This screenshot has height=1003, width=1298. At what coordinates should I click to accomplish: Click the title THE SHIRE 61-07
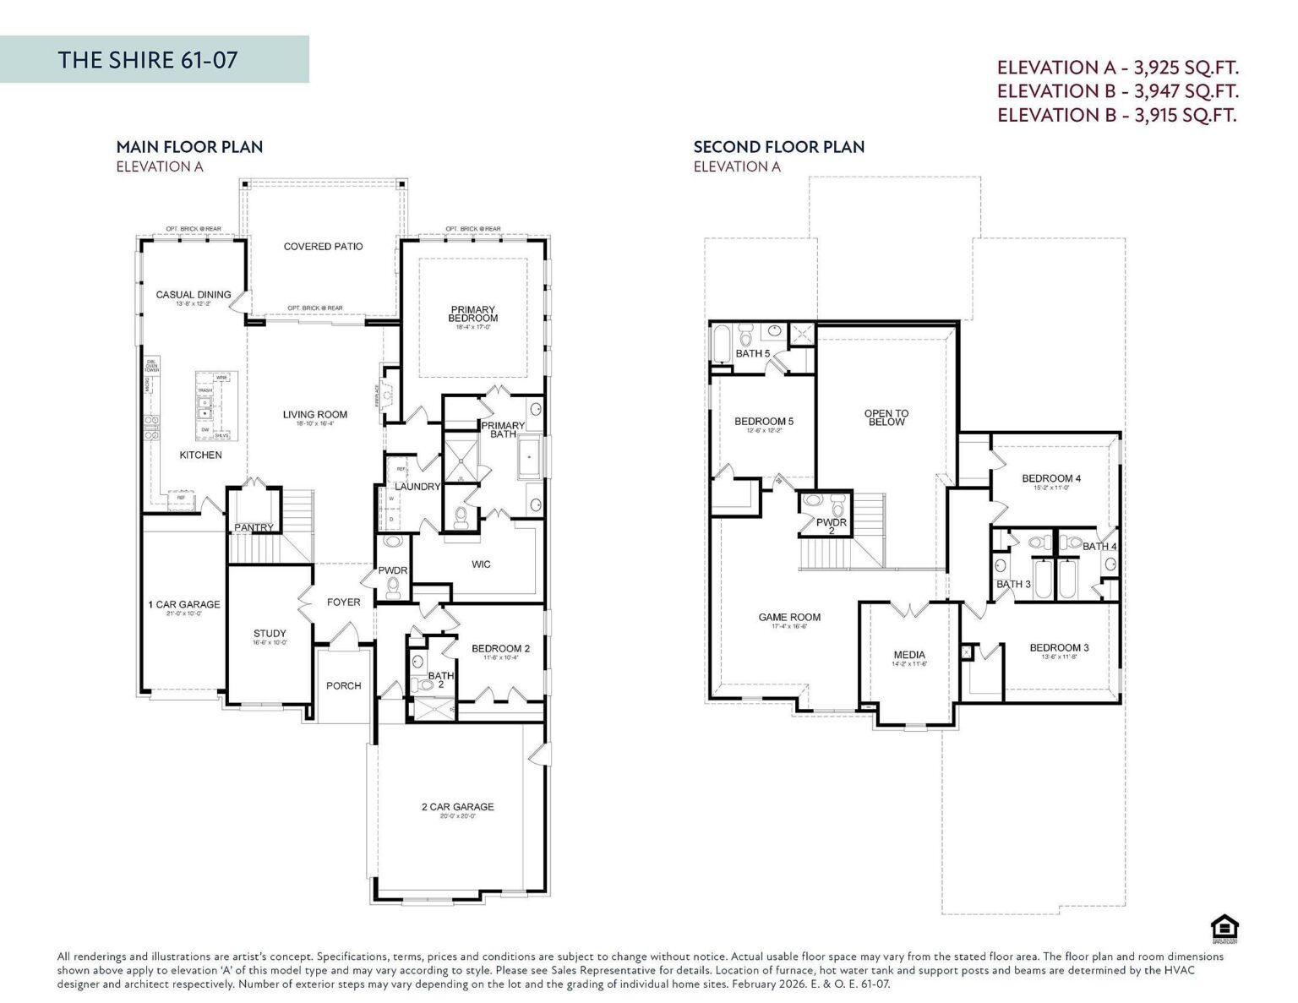(148, 60)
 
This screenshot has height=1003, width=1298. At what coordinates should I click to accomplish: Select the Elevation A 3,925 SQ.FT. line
(1117, 68)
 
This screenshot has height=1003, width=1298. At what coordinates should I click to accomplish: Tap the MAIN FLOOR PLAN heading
(189, 147)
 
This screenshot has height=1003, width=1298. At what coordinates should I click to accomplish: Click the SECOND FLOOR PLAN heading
(778, 147)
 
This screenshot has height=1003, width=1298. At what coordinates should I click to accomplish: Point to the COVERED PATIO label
(323, 247)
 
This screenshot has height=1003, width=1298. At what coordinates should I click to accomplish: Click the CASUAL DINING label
(194, 295)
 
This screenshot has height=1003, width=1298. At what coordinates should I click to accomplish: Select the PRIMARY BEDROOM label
(472, 313)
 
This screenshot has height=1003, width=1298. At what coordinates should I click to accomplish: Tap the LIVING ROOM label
(314, 415)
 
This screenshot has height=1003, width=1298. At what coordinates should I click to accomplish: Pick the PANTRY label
(254, 528)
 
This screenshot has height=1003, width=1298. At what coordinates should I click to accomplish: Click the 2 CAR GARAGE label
(457, 807)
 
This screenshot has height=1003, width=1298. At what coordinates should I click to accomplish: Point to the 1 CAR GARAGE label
(183, 604)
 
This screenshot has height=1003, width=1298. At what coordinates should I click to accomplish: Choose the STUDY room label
(270, 633)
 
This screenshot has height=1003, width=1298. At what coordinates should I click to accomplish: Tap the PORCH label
(343, 686)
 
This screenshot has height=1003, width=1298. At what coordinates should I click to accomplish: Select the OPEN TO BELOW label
(886, 417)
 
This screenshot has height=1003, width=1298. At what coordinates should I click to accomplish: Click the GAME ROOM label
(789, 618)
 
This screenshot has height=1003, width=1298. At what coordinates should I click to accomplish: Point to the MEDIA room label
(909, 655)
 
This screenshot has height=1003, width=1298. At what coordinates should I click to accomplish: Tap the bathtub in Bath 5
(721, 346)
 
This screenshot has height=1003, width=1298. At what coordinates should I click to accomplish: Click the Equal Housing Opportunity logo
(1219, 928)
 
